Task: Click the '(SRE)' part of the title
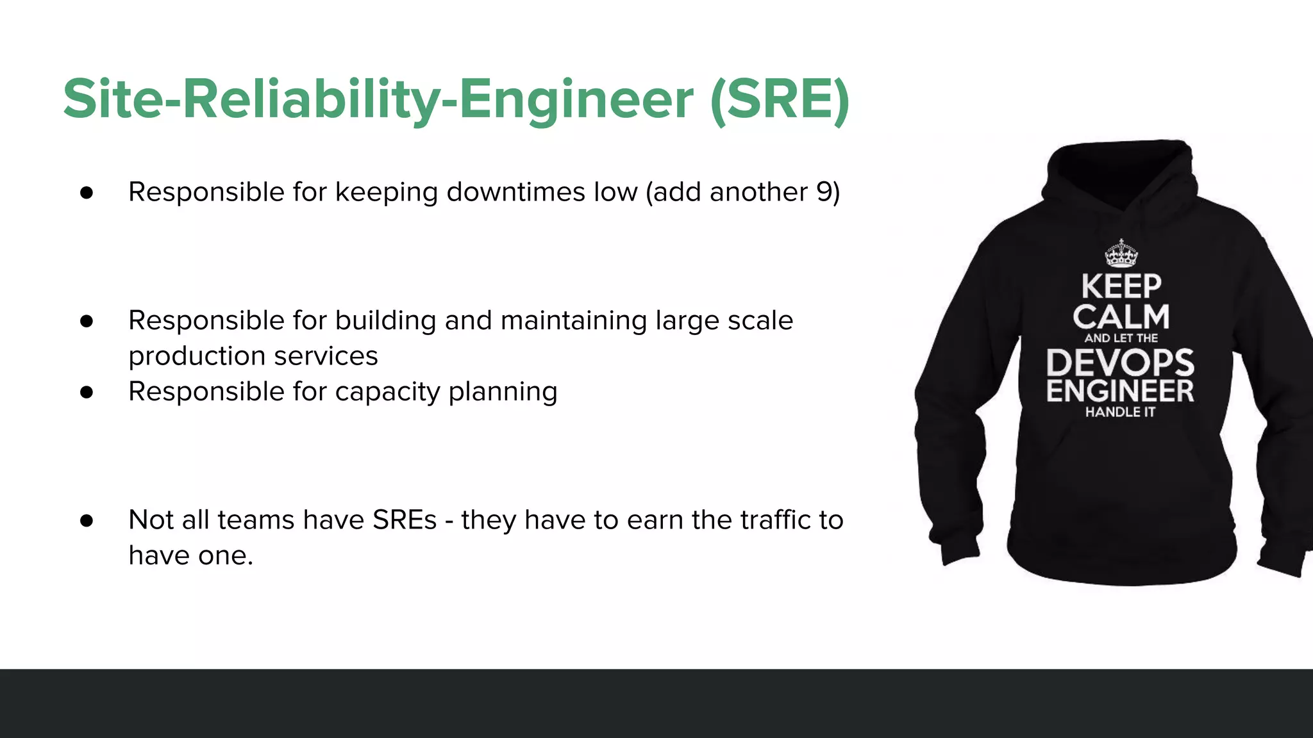[x=780, y=100]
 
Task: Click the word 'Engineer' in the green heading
[x=576, y=100]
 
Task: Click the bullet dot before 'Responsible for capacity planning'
[x=87, y=392]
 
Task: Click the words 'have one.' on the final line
[x=190, y=555]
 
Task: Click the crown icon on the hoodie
[x=1121, y=254]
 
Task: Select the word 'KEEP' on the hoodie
[x=1121, y=286]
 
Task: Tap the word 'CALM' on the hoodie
[x=1121, y=317]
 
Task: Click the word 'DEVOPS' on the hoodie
[x=1120, y=363]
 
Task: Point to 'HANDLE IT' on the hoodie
[x=1120, y=412]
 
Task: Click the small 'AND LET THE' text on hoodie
[x=1121, y=338]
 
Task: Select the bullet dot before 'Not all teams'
[x=87, y=520]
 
